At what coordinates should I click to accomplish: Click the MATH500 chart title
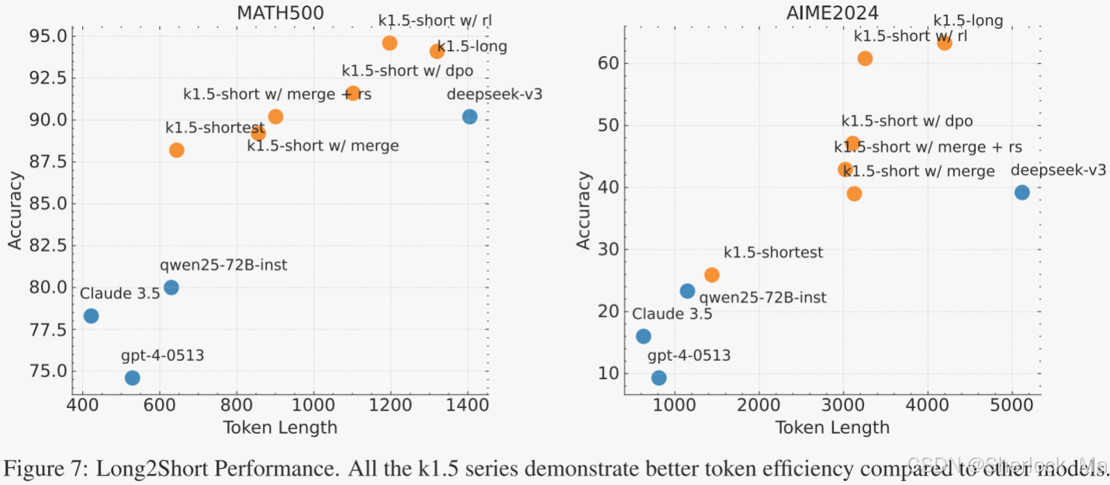coord(280,13)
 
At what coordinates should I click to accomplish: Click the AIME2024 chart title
coord(832,13)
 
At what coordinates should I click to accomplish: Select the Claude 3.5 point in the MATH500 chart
coord(92,316)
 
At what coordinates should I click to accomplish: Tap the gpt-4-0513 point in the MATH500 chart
coord(133,378)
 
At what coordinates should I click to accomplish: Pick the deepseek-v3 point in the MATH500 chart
coord(469,116)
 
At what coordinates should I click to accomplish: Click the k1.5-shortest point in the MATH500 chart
coord(177,150)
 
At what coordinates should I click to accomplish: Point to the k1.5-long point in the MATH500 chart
coord(437,51)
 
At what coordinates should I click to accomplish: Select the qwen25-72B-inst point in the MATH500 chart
coord(171,287)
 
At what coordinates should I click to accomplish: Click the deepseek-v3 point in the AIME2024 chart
coord(1022,192)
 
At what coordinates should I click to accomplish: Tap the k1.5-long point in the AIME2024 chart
coord(944,43)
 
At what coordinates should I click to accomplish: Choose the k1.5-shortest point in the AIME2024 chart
coord(712,275)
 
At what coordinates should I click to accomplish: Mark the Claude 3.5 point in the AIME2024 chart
coord(643,336)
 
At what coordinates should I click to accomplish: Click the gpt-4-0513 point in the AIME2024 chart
coord(659,378)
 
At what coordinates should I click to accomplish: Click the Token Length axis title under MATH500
coord(280,428)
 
